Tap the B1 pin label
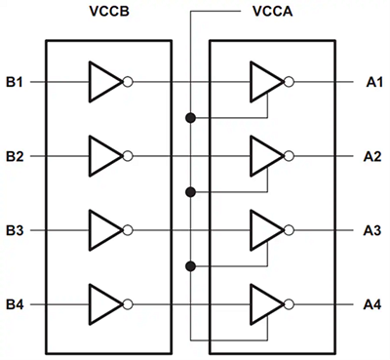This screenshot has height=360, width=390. coord(15,83)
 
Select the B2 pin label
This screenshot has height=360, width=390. coord(15,156)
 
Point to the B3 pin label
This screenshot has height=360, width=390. coord(15,230)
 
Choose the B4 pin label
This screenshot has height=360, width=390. coord(15,304)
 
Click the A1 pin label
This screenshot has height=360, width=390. coord(373,83)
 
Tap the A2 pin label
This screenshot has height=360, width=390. coord(373,156)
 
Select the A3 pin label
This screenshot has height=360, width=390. coord(373,230)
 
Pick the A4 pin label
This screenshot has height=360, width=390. coord(373,304)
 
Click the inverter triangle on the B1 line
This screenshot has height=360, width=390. coord(102,83)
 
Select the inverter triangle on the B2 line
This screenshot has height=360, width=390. coord(102,156)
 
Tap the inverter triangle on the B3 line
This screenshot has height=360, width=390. coord(102,230)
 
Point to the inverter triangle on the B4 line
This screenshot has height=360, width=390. coord(102,304)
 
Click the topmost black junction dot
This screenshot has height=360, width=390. coord(191,118)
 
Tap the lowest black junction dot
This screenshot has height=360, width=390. coord(191,265)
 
